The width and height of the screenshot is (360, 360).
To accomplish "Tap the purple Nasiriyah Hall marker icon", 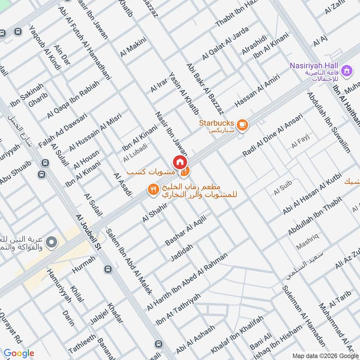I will (x=346, y=71).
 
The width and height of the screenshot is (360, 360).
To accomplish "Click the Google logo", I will (x=19, y=353).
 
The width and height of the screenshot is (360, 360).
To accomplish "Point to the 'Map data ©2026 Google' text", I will (x=324, y=355).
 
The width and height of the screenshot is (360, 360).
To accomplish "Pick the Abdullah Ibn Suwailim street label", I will (x=328, y=122).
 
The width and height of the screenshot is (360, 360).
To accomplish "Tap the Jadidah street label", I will (x=182, y=253).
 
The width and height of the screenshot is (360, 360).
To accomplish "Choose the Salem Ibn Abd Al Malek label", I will (x=129, y=261).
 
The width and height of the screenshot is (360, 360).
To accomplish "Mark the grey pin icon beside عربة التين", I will (x=51, y=242).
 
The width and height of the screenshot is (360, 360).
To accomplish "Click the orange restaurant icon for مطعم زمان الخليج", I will (x=153, y=190).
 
